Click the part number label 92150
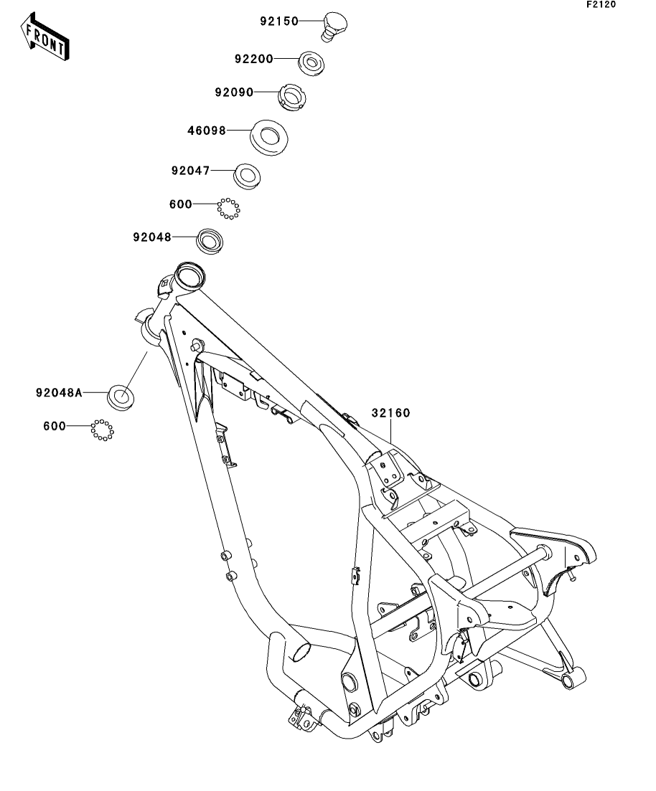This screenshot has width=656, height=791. pos(279,22)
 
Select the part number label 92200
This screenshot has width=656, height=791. pos(253,59)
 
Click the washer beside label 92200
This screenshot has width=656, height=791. pos(311,62)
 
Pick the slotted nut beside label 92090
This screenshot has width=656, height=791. pos(291,97)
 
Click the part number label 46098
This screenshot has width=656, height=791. pos(207,131)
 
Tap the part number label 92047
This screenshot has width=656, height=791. pos(190,171)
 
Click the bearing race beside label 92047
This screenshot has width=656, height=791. pos(247,176)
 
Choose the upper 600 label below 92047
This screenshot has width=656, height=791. pos(180,204)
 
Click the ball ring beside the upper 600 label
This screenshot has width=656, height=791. pos(228,209)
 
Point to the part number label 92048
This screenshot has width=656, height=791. pos(151,237)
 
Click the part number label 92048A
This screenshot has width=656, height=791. pos(60,392)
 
